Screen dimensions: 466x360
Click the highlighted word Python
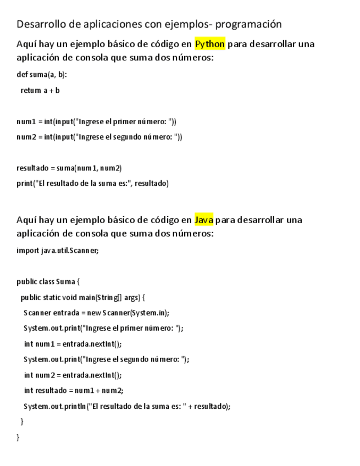[209, 44]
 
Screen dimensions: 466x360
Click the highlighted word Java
[203, 220]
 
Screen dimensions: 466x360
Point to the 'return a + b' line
[40, 90]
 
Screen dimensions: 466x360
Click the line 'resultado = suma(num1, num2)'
[69, 168]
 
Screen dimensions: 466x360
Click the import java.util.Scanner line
[58, 251]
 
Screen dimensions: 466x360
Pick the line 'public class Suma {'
[48, 282]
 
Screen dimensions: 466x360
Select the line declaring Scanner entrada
[96, 313]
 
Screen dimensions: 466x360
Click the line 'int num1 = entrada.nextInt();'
[73, 344]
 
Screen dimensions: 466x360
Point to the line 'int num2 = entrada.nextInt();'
[73, 375]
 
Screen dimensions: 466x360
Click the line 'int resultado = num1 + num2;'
[74, 391]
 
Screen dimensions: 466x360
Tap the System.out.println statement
[127, 406]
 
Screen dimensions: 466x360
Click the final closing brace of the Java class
[18, 437]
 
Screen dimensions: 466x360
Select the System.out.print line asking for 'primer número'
[103, 329]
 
